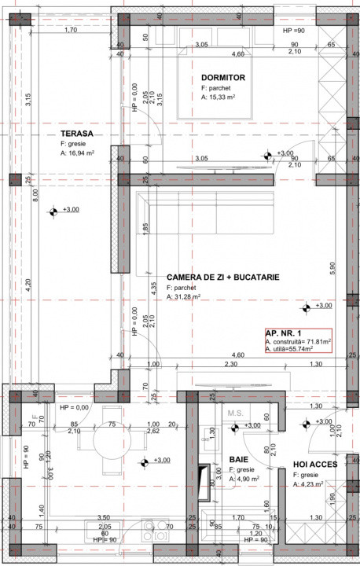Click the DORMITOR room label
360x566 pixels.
[223, 78]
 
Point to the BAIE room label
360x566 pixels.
[239, 459]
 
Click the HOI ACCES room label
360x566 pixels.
[316, 465]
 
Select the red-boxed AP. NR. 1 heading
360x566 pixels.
[284, 333]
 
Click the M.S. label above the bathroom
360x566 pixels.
[234, 413]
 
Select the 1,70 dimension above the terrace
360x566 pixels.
[70, 31]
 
